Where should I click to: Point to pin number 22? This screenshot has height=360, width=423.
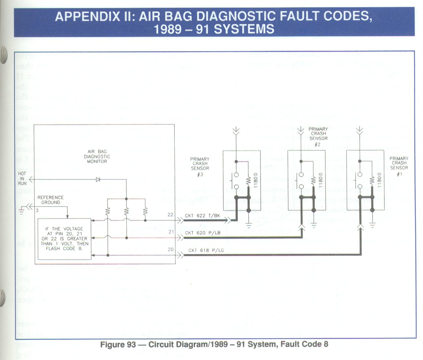(x=170, y=215)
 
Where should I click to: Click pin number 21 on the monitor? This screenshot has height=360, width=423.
(x=170, y=232)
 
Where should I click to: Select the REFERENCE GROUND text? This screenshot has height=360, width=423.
(x=50, y=200)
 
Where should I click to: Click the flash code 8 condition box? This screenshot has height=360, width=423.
(x=64, y=238)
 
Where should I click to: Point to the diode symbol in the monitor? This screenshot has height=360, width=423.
(x=99, y=179)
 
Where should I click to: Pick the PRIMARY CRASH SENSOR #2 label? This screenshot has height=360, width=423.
(x=318, y=134)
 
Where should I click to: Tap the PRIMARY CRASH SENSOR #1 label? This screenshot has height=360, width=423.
(x=399, y=163)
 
